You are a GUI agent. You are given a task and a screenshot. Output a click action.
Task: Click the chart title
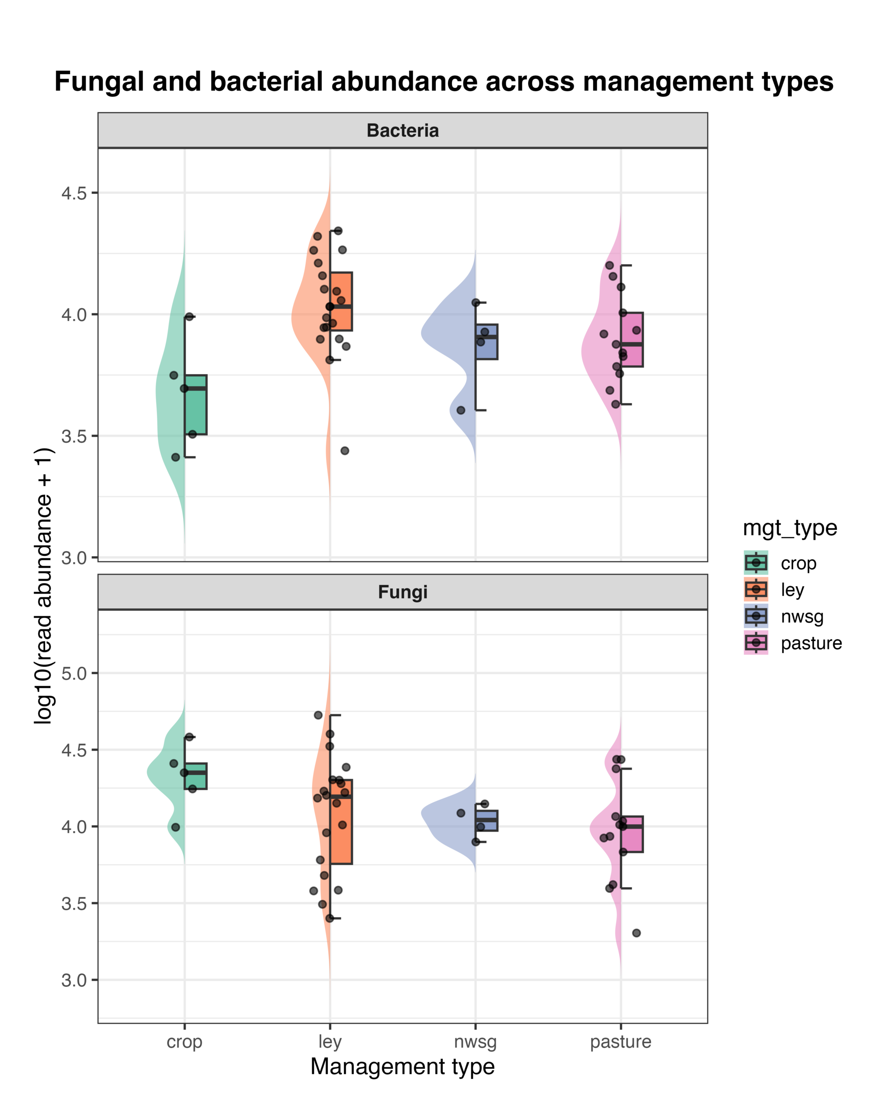click(443, 82)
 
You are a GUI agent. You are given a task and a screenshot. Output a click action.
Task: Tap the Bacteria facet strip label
click(402, 131)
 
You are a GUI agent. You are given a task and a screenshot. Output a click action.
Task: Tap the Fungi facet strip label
click(402, 592)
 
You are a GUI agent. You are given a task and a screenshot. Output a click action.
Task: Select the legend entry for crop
click(798, 563)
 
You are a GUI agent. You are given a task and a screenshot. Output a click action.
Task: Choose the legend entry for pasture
click(811, 643)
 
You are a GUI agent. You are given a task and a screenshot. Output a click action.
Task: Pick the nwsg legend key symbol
click(756, 616)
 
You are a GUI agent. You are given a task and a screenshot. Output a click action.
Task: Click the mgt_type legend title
click(790, 528)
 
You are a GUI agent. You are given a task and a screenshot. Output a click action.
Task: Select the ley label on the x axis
click(330, 1041)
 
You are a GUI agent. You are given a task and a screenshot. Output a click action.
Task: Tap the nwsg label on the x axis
click(475, 1041)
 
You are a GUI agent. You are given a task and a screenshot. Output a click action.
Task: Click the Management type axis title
click(402, 1066)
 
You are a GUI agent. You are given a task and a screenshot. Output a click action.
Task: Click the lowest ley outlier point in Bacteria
click(345, 451)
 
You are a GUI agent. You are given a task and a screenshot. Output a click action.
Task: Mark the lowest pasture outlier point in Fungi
click(636, 933)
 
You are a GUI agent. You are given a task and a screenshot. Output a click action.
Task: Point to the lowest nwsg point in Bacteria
click(461, 410)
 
